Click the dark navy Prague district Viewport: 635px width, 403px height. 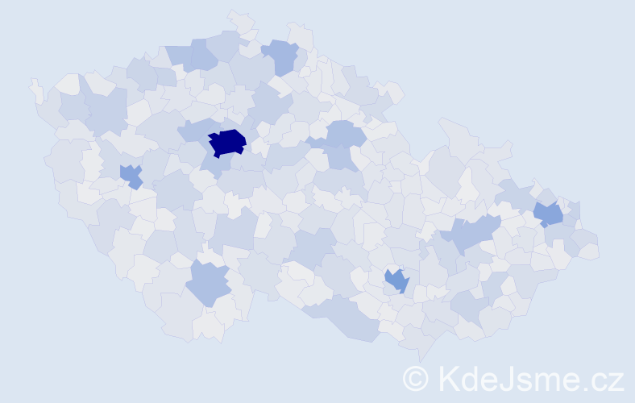tap(226, 142)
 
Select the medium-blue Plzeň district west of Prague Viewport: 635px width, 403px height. tap(131, 175)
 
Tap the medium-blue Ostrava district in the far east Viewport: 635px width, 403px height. tap(549, 214)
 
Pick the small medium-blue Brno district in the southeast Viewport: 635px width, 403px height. tap(396, 280)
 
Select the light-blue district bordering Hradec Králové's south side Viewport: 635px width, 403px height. tap(342, 157)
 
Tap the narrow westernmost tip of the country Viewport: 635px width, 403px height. tap(35, 89)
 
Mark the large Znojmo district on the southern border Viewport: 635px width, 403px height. tap(347, 314)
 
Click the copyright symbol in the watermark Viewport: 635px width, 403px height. tap(416, 379)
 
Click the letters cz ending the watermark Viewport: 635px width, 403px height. tap(608, 380)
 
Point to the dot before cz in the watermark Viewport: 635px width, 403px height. tap(590, 388)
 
